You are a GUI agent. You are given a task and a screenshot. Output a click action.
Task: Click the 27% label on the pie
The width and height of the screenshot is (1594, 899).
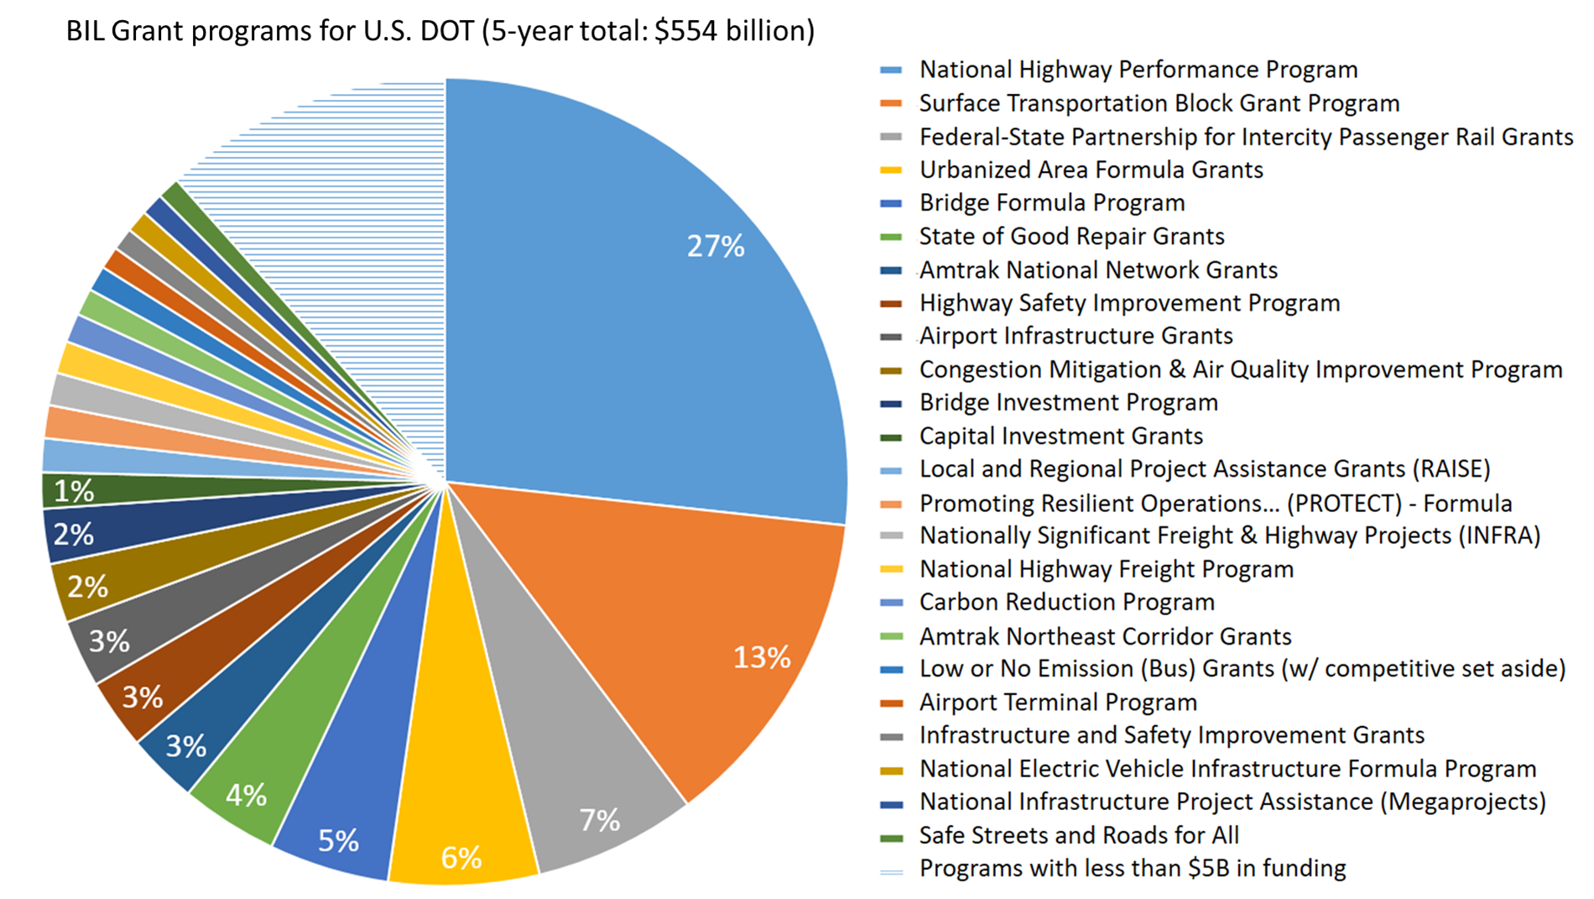pos(716,246)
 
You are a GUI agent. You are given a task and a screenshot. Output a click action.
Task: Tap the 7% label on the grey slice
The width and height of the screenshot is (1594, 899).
pos(600,819)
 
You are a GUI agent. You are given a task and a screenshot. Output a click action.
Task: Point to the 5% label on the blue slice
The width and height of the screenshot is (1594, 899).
pos(338,840)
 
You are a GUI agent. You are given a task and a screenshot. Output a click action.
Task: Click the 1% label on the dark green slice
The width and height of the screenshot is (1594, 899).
pos(74,491)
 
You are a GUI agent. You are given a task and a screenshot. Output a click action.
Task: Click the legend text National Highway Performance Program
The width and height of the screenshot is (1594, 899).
pos(1138,70)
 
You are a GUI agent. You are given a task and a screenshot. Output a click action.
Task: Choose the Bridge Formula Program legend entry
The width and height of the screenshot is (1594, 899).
pos(1051,203)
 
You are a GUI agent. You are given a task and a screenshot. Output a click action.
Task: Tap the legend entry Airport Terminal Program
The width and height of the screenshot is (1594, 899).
pos(1057,702)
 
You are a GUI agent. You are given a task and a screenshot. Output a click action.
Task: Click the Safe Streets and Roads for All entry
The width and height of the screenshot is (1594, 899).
pos(1078,835)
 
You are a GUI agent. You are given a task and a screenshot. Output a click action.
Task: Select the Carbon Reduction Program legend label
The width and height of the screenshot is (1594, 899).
pos(1066,602)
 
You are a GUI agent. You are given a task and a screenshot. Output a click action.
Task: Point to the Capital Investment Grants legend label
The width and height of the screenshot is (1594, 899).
pos(1060,436)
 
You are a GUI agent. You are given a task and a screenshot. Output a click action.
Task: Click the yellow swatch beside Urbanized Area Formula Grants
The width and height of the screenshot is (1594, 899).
pos(890,170)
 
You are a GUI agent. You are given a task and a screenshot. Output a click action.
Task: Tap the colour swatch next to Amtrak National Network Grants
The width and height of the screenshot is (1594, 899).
pos(890,270)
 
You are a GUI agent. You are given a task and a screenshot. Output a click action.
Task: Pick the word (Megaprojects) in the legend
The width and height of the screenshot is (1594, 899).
pos(1462,802)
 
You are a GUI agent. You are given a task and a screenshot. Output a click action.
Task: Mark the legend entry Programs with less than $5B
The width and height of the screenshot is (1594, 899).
pos(1132,868)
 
